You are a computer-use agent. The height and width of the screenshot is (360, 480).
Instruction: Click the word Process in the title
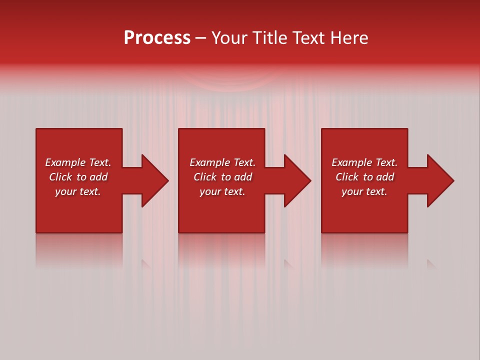tap(157, 38)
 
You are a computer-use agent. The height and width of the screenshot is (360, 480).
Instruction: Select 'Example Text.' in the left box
tap(78, 162)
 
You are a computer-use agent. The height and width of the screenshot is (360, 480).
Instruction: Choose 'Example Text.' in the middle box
tap(222, 162)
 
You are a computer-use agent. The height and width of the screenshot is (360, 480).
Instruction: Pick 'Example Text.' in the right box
tap(364, 162)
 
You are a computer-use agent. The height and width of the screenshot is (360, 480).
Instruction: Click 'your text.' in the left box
tap(78, 191)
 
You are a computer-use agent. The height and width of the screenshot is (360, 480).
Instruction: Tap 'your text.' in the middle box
tap(222, 191)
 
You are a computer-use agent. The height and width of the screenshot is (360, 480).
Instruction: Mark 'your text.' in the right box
tap(364, 191)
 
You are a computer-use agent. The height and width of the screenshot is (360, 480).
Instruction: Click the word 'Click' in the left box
tap(61, 177)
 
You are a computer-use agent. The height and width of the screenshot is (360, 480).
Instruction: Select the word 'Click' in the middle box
tap(205, 177)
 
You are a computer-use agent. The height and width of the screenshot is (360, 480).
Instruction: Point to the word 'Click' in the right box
tap(347, 177)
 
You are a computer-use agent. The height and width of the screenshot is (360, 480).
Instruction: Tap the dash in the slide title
tap(201, 38)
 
